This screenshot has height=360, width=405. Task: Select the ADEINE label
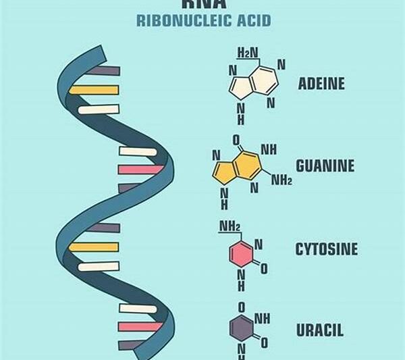321,84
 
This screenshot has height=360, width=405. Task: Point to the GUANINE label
325,165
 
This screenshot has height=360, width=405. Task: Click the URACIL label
319,330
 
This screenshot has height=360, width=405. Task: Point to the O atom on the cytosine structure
264,269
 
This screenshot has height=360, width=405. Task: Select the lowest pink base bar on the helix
140,327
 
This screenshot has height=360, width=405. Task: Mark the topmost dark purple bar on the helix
103,70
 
